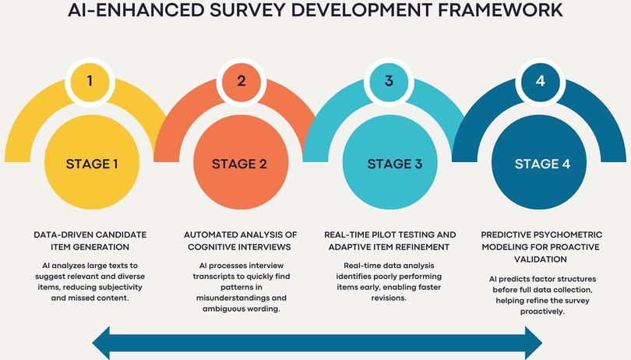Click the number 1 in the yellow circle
[90, 81]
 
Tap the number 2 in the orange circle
[241, 81]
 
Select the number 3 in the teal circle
[389, 81]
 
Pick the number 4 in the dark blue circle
[540, 81]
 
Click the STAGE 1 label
[92, 164]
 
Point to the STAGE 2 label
[239, 164]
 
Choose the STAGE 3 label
[395, 164]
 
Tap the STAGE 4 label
[542, 164]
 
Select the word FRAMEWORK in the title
[500, 10]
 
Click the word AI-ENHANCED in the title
[136, 10]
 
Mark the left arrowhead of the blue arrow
[101, 344]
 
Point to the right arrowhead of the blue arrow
[534, 344]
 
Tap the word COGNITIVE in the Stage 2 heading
[211, 247]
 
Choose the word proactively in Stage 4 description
[542, 312]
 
